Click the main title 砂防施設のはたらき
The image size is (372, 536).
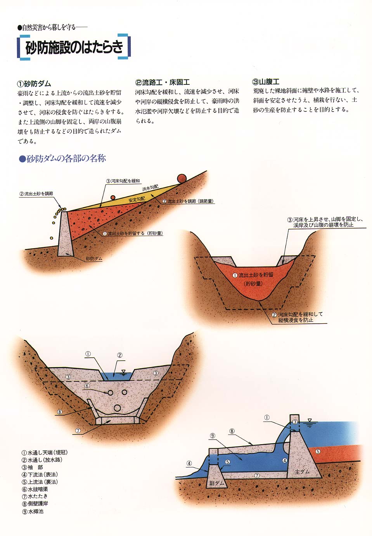(74, 47)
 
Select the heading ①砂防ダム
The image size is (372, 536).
(34, 84)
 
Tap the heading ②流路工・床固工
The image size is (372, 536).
(163, 82)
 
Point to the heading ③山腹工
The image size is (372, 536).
(266, 82)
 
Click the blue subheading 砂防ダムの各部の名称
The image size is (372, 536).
(63, 158)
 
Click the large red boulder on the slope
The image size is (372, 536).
(182, 178)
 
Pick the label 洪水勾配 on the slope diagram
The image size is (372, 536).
(150, 188)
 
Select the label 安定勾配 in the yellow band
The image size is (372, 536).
(137, 199)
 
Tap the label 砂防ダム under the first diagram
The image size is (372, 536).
(94, 258)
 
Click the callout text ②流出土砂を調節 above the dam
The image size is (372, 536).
(36, 194)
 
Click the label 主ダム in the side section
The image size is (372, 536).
(302, 472)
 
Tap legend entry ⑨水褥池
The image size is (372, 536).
(33, 511)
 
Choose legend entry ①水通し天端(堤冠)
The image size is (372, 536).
(45, 452)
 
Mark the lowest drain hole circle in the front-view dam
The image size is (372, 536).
(117, 408)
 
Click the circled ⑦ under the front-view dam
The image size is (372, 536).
(78, 431)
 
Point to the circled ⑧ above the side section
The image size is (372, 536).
(232, 431)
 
